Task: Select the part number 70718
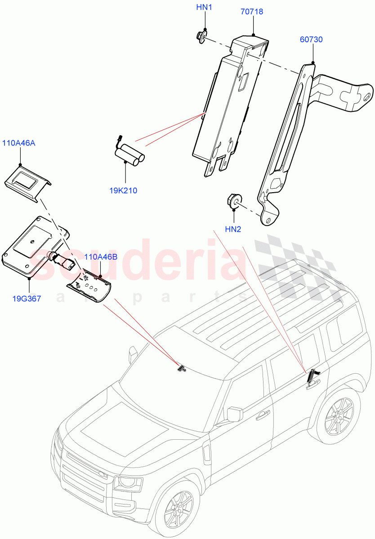click(252, 12)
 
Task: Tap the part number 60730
click(311, 40)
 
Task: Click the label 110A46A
click(19, 143)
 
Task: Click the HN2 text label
click(233, 229)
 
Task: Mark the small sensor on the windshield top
click(181, 368)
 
